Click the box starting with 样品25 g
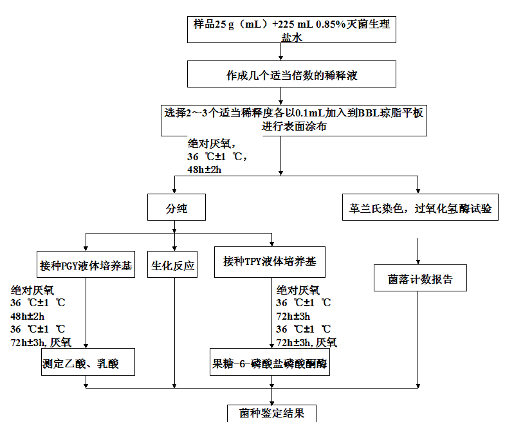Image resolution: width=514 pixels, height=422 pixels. [291, 30]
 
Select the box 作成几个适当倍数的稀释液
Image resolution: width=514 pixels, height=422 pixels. [291, 74]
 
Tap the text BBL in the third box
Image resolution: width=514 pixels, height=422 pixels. [369, 113]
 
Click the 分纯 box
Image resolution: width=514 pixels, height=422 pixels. [176, 207]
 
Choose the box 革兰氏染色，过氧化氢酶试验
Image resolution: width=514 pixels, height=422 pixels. [420, 207]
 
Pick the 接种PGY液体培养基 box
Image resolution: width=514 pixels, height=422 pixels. [86, 264]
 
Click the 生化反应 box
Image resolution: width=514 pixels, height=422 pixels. [172, 264]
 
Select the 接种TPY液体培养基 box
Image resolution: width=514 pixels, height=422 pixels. [270, 262]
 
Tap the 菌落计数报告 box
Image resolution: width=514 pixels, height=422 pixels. [420, 278]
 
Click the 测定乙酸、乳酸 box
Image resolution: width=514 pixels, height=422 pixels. [88, 362]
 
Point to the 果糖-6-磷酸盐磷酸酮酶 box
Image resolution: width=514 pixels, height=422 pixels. [270, 362]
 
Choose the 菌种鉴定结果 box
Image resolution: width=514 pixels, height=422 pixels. [271, 414]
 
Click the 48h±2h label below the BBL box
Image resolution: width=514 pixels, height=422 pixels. [204, 170]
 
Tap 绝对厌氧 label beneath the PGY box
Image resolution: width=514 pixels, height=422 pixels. [32, 290]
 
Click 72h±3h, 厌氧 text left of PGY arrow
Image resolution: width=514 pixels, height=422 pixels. [41, 342]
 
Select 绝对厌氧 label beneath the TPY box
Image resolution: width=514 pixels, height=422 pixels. [298, 290]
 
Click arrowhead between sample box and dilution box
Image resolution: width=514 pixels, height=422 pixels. [280, 58]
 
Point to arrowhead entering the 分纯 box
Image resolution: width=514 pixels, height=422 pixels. [174, 191]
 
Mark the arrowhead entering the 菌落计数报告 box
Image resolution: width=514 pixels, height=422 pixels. [418, 262]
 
